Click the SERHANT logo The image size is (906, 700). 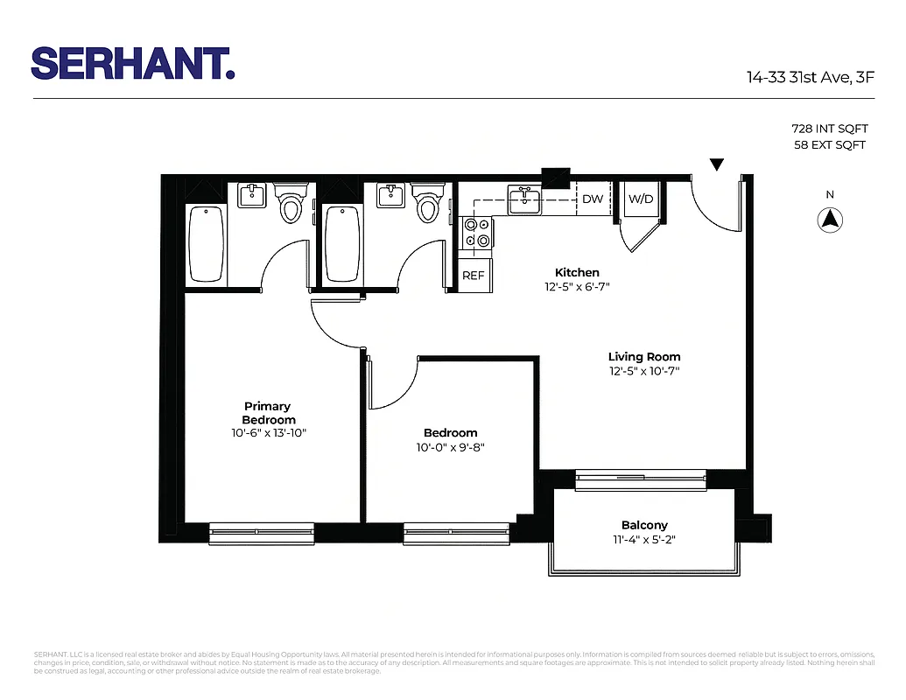133,64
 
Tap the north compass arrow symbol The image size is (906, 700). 830,220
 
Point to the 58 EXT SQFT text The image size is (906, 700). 829,144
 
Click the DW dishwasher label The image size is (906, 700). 593,199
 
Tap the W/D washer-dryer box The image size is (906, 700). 641,199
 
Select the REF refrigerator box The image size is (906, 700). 474,276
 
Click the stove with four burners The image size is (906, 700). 477,233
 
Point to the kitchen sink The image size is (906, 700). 524,199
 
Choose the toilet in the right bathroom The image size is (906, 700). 427,204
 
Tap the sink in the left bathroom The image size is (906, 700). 252,195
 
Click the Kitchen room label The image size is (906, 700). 577,272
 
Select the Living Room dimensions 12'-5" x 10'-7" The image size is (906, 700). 644,371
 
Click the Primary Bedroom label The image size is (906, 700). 267,412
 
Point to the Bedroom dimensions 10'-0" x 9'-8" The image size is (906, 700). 450,447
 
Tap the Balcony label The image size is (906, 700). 644,525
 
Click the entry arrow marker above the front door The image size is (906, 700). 717,164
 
